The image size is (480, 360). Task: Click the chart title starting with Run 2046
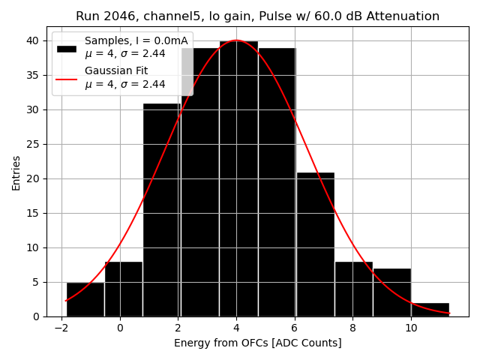(257, 16)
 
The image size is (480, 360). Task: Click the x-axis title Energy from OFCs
(257, 343)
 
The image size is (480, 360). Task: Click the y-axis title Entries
(16, 172)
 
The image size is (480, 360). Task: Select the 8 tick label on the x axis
(352, 328)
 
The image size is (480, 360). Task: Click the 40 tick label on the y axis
(33, 40)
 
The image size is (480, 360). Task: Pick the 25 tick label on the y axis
(33, 144)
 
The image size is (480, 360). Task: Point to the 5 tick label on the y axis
(36, 282)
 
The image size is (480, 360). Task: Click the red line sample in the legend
(67, 78)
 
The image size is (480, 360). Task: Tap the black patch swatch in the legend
(67, 48)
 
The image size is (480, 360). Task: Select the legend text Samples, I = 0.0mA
(136, 41)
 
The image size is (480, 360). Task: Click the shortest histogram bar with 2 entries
(430, 310)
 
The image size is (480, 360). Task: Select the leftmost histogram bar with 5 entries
(85, 299)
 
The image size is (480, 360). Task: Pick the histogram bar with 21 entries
(315, 244)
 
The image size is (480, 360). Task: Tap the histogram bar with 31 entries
(161, 210)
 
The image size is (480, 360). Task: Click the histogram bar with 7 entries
(391, 292)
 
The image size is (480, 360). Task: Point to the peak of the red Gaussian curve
(236, 40)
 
